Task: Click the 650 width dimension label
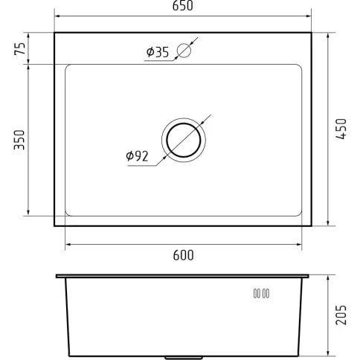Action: pos(182,6)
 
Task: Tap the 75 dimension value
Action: pos(20,48)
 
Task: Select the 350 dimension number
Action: pos(19,140)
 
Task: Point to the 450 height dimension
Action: pos(341,129)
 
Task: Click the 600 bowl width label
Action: pos(184,255)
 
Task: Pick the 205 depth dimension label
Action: pos(341,315)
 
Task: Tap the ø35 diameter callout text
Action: pos(158,52)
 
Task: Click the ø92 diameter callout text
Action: pos(137,156)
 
